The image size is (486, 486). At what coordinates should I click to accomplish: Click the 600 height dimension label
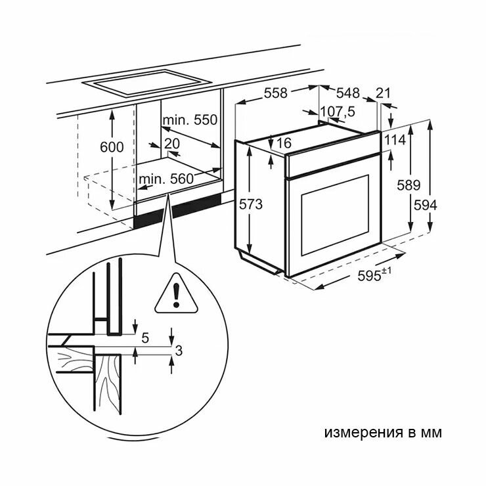pyautogui.click(x=112, y=147)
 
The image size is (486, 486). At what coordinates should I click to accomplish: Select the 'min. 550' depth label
pyautogui.click(x=190, y=120)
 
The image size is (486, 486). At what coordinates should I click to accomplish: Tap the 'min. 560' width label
pyautogui.click(x=166, y=178)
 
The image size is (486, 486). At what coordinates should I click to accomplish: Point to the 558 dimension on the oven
pyautogui.click(x=275, y=93)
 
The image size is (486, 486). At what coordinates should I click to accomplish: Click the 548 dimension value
pyautogui.click(x=348, y=93)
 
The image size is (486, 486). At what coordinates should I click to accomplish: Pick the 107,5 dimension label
pyautogui.click(x=338, y=112)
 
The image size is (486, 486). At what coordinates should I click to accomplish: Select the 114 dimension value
pyautogui.click(x=395, y=139)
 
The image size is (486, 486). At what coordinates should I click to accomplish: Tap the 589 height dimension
pyautogui.click(x=409, y=186)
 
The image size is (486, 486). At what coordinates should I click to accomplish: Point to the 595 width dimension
pyautogui.click(x=372, y=276)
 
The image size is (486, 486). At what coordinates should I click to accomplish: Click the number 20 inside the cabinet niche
pyautogui.click(x=172, y=144)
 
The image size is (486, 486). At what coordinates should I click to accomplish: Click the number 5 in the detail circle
pyautogui.click(x=146, y=338)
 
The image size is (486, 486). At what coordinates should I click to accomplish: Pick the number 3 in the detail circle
pyautogui.click(x=178, y=351)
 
